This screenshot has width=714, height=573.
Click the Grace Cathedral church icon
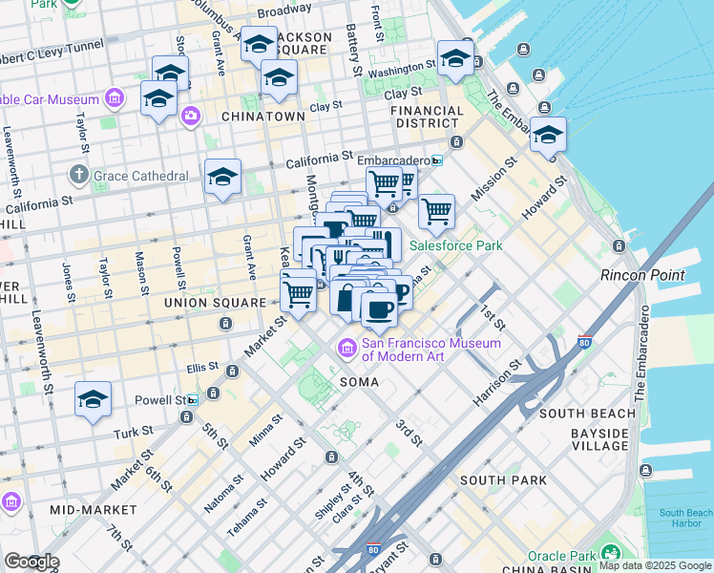coord(79,176)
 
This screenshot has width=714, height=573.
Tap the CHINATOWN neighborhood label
coord(262,117)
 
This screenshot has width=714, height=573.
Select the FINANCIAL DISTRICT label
coord(427,117)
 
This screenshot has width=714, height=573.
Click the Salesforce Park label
coord(455,245)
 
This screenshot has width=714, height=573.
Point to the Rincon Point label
coord(641,275)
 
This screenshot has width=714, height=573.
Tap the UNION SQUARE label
coord(215,303)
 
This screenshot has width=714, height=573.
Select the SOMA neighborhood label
coord(359,382)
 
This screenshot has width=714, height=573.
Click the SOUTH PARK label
coord(502,479)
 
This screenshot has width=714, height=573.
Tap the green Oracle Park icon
coord(607,553)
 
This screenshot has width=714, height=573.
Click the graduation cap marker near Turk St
coord(93,400)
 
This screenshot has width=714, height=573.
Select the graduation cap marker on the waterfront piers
coord(548,136)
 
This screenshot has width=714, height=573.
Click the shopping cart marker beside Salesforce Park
coord(436,211)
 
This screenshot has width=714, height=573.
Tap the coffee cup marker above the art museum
coord(379,309)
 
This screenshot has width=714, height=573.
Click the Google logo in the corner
coord(31,562)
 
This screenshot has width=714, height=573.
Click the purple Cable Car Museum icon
coord(115,98)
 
